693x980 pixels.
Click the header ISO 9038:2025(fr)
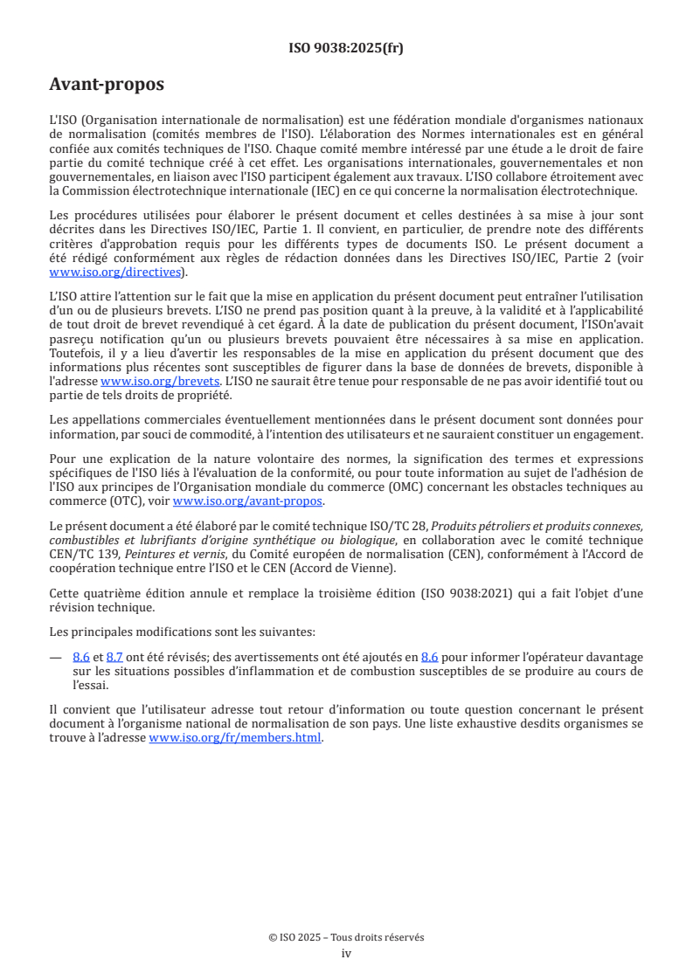click(x=346, y=48)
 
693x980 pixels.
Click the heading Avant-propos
click(x=107, y=85)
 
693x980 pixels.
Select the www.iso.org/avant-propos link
click(x=248, y=500)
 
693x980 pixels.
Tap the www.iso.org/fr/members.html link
click(x=235, y=738)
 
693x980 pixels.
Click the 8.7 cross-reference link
click(x=114, y=657)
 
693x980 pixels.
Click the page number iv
click(x=346, y=954)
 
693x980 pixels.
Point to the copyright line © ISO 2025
click(x=346, y=937)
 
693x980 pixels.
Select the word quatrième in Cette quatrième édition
click(x=116, y=594)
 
